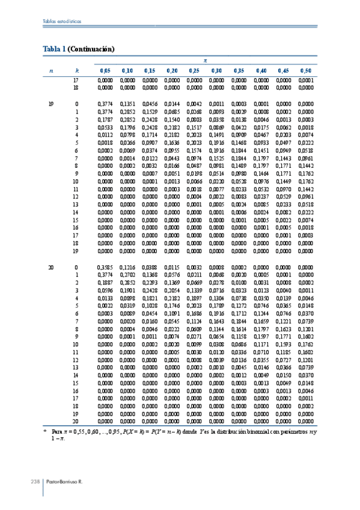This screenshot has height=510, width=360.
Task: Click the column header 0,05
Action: coord(105,71)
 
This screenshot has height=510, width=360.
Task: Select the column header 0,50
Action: coord(305,71)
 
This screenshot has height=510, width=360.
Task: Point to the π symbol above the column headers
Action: coord(206,61)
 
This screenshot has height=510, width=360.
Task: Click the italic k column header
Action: coord(76,71)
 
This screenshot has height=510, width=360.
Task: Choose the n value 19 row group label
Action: coord(50,103)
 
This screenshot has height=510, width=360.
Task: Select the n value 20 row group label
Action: coord(50,266)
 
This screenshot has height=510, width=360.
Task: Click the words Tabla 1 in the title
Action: coord(55,48)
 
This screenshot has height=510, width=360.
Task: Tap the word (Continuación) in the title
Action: coord(91,48)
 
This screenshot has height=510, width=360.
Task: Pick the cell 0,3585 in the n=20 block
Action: coord(105,266)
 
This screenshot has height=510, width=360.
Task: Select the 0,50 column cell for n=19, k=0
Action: coord(305,103)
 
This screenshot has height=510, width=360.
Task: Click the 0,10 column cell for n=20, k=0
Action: coord(127,266)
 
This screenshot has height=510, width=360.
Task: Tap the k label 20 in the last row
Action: coord(76,422)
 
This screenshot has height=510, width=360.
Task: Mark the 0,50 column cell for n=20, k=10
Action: coord(305,344)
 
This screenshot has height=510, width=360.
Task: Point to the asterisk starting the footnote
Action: coord(45,431)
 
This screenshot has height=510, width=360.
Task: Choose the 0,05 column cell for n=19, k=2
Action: coord(105,119)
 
